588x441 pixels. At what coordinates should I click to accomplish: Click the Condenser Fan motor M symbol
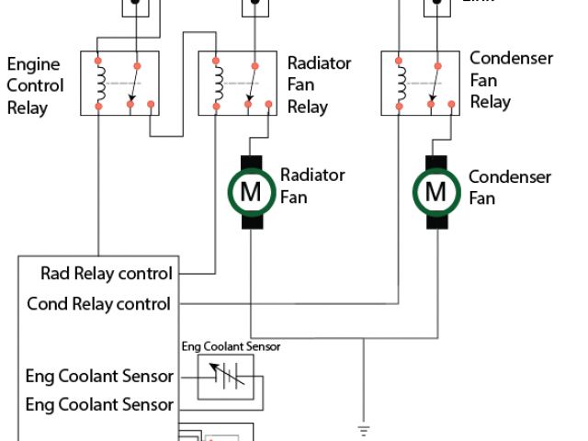click(x=436, y=193)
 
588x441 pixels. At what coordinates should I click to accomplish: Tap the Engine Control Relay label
click(x=36, y=86)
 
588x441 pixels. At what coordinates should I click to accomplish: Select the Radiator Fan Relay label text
click(x=319, y=85)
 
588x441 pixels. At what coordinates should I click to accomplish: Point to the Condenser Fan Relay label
click(x=511, y=80)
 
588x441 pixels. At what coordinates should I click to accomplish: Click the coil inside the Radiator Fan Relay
click(x=218, y=84)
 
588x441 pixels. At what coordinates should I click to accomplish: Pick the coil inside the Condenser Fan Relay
click(x=400, y=84)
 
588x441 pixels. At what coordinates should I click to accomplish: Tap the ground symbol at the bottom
click(x=364, y=429)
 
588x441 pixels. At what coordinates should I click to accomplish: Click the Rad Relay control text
click(x=107, y=274)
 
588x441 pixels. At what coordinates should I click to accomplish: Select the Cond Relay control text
click(x=99, y=304)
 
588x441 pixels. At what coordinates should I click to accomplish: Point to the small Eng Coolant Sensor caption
click(x=231, y=346)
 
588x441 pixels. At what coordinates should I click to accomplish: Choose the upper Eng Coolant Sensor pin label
click(x=100, y=376)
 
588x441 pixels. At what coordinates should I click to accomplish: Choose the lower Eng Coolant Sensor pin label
click(x=100, y=404)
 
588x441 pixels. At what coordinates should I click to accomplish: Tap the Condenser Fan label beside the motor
click(x=510, y=187)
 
